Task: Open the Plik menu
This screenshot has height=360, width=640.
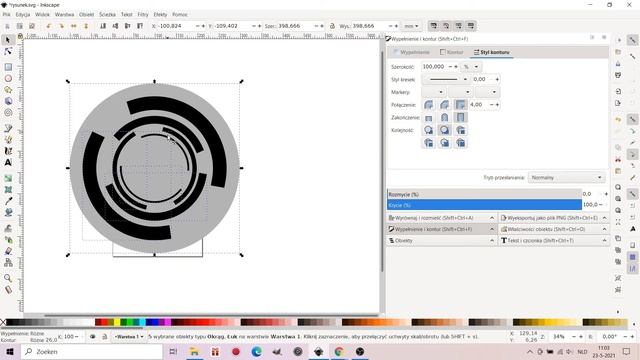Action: click(6, 15)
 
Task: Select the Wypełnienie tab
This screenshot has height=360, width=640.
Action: click(412, 51)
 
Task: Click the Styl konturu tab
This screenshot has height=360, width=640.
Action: click(494, 51)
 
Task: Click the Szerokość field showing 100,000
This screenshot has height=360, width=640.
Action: click(436, 66)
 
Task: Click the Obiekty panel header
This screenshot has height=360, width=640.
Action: click(440, 241)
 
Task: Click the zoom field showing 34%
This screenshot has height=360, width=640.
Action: click(560, 337)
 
